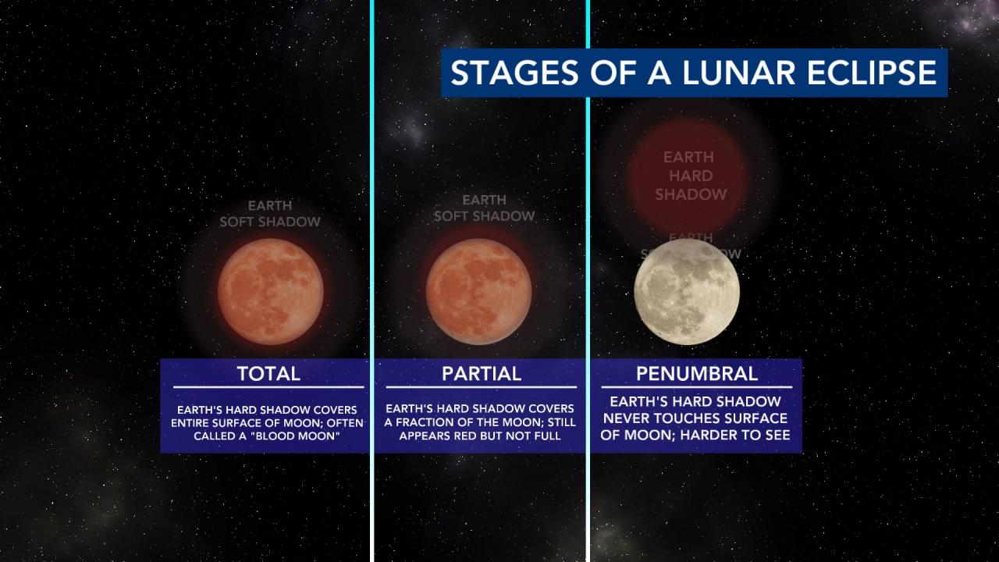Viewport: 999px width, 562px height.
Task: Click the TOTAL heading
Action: click(x=268, y=373)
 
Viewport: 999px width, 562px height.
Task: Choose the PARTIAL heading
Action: click(x=482, y=373)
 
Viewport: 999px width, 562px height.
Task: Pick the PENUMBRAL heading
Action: click(x=696, y=373)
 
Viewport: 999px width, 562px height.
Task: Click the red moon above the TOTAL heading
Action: click(x=270, y=291)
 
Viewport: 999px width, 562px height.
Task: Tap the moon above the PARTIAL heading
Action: click(x=479, y=291)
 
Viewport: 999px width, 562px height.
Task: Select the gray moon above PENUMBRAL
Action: click(x=687, y=291)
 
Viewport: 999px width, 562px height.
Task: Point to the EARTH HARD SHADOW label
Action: click(x=691, y=176)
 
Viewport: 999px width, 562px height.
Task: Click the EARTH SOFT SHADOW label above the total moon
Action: click(x=270, y=213)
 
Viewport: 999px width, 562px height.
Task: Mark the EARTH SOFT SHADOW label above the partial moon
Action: click(x=485, y=208)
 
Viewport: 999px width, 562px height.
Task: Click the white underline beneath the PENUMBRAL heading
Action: click(x=696, y=387)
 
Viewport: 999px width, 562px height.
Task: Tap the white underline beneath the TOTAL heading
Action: click(x=268, y=387)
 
